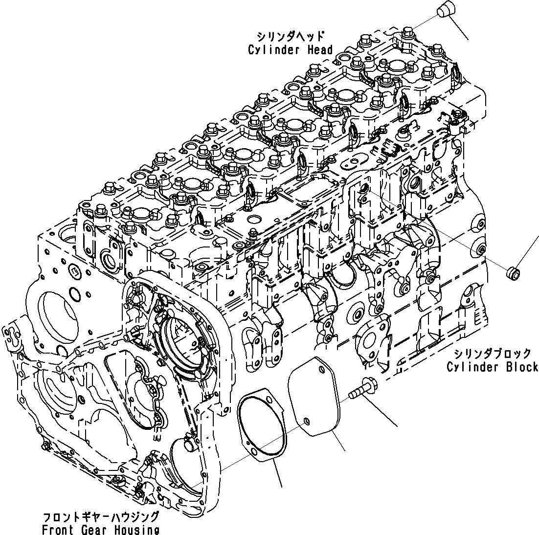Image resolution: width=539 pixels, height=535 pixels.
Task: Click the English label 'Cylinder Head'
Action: (x=290, y=49)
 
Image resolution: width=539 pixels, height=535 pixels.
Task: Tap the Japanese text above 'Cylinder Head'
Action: (x=290, y=36)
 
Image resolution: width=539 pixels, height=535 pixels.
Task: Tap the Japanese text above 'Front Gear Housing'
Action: (x=100, y=516)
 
